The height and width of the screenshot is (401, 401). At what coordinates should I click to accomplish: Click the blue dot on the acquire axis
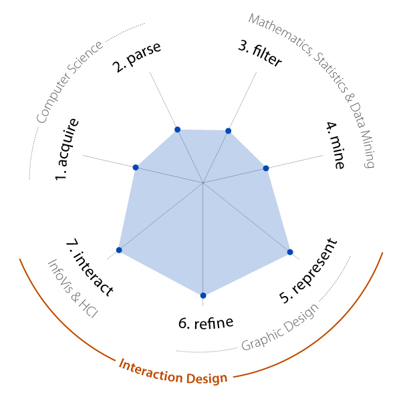[136, 168]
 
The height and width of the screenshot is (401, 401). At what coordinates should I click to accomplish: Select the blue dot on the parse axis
[178, 130]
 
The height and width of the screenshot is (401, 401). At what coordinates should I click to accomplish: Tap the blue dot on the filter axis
[228, 131]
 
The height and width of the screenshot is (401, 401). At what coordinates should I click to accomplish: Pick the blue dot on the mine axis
[266, 168]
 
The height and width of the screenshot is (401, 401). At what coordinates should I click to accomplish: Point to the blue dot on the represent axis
[290, 252]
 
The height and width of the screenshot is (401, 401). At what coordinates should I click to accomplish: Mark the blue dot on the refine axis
[203, 295]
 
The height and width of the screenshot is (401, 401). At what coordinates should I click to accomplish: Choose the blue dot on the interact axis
[119, 250]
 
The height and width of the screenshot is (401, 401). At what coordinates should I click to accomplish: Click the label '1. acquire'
[67, 149]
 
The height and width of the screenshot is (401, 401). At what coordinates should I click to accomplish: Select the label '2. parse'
[137, 57]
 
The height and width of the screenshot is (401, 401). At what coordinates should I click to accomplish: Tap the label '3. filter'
[260, 54]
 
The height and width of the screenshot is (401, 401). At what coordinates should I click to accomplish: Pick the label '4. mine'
[336, 145]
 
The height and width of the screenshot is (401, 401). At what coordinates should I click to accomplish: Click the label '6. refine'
[206, 323]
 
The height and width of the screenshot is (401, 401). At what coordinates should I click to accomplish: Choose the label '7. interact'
[90, 267]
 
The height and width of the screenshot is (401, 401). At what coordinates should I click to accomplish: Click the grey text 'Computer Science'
[70, 82]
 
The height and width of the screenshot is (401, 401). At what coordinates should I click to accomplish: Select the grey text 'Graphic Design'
[280, 327]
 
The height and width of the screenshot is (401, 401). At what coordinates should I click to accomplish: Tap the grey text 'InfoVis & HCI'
[73, 289]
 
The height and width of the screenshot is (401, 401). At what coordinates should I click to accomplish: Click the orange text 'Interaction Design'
[173, 372]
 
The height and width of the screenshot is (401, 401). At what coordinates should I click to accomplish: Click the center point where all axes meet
[203, 183]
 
